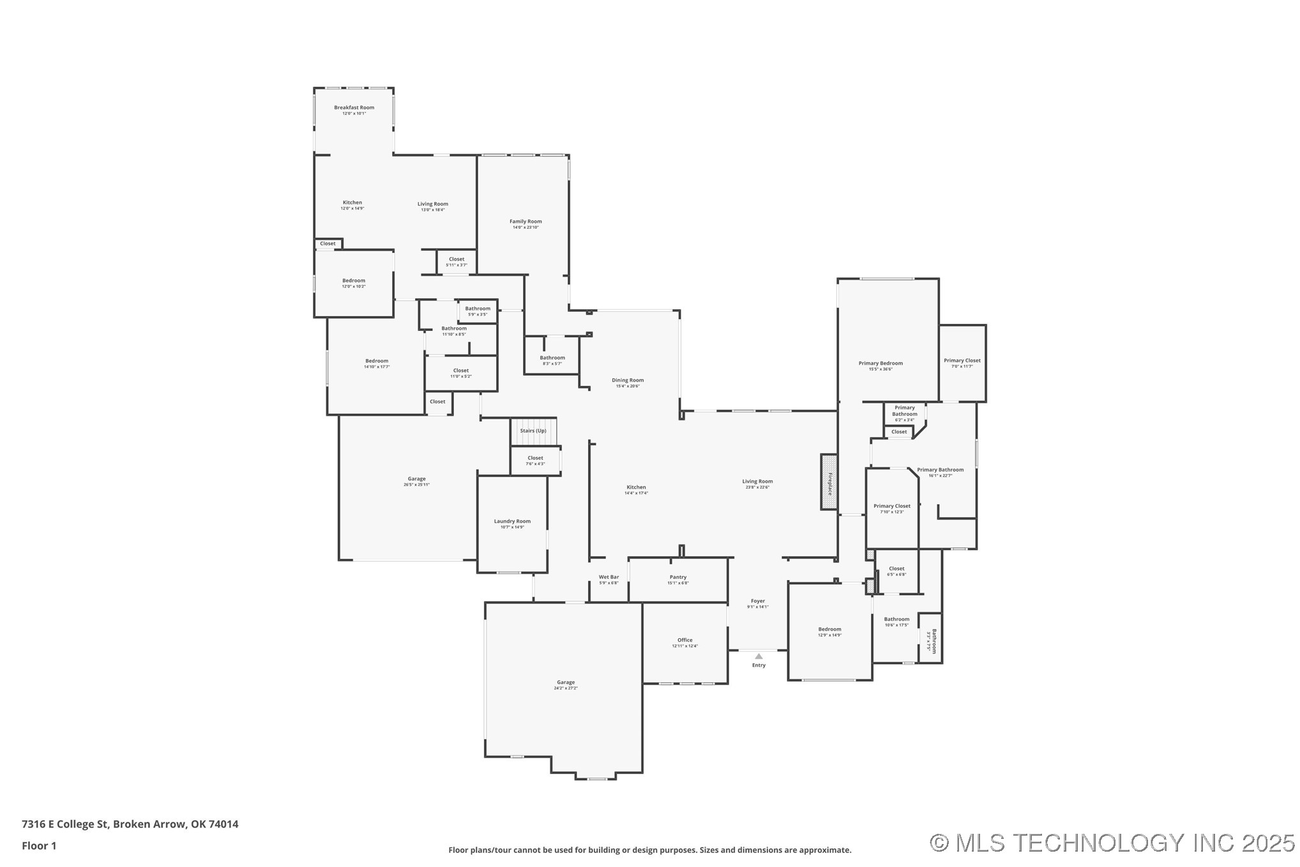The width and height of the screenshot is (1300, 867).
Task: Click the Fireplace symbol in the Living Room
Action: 829,482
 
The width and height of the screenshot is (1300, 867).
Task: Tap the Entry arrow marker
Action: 759,656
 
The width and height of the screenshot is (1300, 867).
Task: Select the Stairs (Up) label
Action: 533,431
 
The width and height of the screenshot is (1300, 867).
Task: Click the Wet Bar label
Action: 608,577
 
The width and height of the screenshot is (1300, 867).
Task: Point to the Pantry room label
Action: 678,577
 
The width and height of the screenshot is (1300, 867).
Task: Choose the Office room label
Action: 685,640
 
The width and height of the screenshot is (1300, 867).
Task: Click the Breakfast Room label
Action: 354,107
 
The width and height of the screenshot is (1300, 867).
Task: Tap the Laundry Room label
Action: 512,521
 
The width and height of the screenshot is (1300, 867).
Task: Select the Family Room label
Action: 525,222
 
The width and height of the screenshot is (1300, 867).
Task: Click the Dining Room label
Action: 628,380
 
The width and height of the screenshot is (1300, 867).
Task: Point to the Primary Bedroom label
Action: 881,363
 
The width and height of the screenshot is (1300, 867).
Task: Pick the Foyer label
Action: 758,601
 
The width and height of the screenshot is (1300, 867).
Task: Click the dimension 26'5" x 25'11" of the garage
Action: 416,485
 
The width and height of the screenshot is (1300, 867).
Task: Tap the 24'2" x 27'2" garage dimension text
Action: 566,688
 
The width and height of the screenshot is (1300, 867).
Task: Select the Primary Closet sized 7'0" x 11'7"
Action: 962,360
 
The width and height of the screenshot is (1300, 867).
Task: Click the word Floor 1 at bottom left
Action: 39,846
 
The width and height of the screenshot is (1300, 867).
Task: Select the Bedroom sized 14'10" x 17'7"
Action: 377,361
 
